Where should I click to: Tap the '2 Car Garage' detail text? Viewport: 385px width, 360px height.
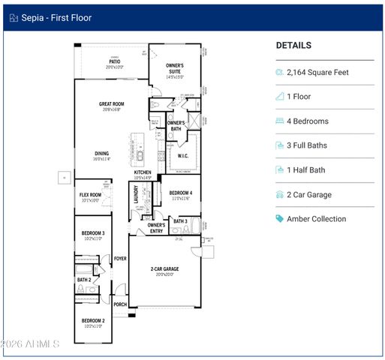pyautogui.click(x=310, y=195)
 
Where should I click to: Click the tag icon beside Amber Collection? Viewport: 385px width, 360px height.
pyautogui.click(x=280, y=219)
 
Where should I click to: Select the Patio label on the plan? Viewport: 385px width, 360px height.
pyautogui.click(x=112, y=62)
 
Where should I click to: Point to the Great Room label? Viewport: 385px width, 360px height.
pyautogui.click(x=111, y=104)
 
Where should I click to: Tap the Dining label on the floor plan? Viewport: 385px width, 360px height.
pyautogui.click(x=102, y=154)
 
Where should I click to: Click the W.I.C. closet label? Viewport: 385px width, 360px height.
pyautogui.click(x=182, y=156)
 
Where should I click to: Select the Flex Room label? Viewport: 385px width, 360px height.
pyautogui.click(x=90, y=195)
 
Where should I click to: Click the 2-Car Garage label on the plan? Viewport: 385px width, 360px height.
pyautogui.click(x=164, y=268)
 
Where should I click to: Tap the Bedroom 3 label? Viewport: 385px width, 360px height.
pyautogui.click(x=93, y=234)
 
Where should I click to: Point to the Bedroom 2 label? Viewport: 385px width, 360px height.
pyautogui.click(x=93, y=320)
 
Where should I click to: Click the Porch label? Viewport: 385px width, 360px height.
pyautogui.click(x=120, y=304)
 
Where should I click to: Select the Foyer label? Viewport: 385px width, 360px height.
pyautogui.click(x=120, y=259)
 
